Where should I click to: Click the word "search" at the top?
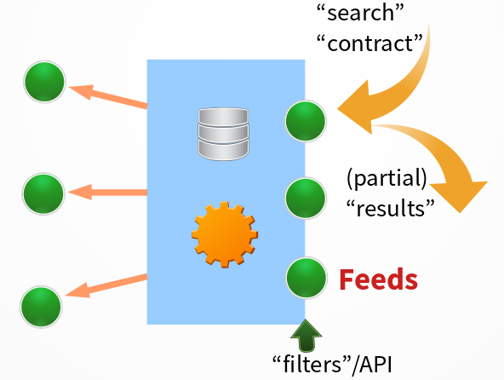360,13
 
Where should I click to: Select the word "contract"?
369,43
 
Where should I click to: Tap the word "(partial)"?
387,178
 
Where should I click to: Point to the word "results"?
391,208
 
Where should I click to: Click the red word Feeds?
378,279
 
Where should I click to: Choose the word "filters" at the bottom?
312,364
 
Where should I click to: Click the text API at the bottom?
376,365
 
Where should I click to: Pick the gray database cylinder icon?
223,134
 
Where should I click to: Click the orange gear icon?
225,234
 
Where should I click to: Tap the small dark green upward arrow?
306,336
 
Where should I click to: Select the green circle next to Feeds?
306,278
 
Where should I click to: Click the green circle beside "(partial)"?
306,199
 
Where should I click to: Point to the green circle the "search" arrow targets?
306,121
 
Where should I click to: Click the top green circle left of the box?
44,82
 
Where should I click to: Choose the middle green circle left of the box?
43,193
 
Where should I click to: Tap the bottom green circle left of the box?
41,307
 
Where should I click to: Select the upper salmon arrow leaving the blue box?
108,96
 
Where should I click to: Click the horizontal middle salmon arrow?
107,193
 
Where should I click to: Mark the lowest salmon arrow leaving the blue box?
106,286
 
